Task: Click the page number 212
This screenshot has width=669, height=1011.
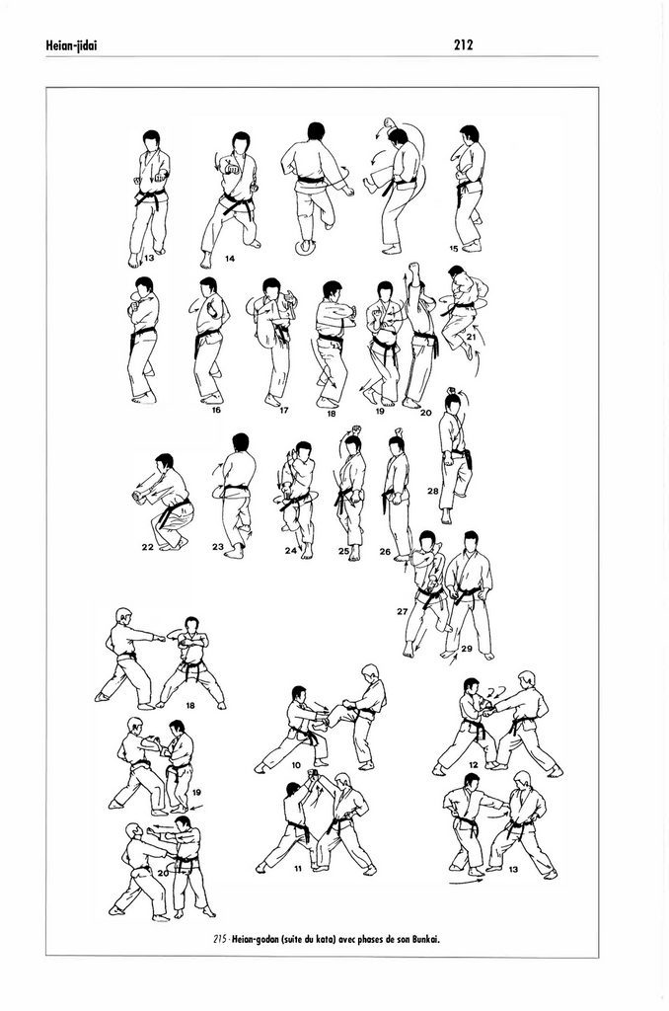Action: (x=464, y=43)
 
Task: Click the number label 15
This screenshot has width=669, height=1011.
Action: (x=454, y=248)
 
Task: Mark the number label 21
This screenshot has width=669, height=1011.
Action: (x=471, y=338)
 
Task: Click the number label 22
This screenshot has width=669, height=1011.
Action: (x=147, y=546)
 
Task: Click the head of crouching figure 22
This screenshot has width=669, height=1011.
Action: (x=165, y=461)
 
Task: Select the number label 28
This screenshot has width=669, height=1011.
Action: (x=432, y=491)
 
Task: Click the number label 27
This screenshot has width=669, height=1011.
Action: (x=403, y=611)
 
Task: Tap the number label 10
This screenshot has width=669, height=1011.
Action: (x=296, y=765)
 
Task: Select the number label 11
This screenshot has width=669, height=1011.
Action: (x=297, y=870)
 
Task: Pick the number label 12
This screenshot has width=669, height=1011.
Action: (x=474, y=765)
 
